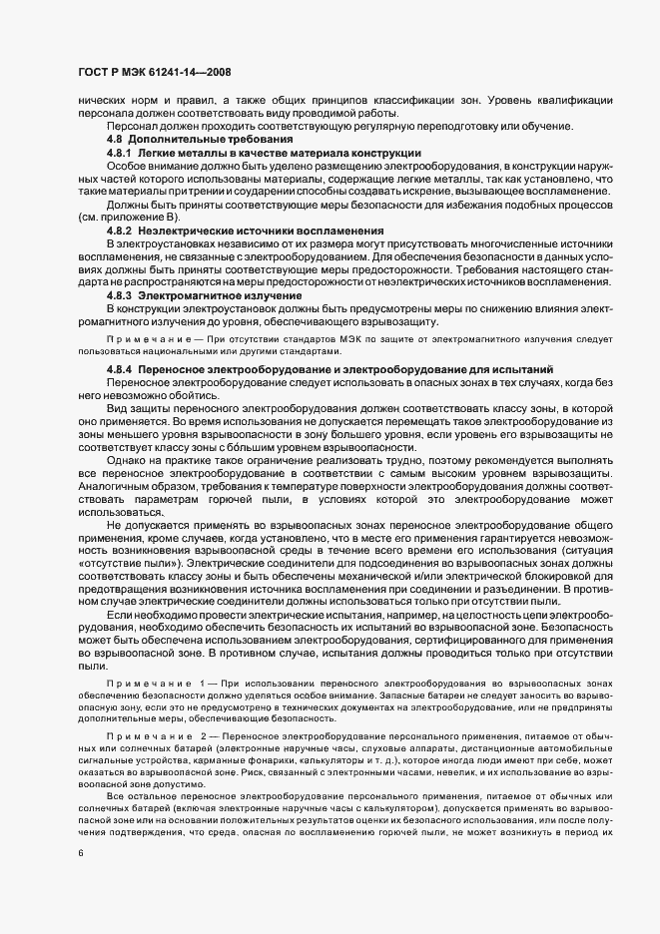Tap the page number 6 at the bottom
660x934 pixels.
click(80, 853)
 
